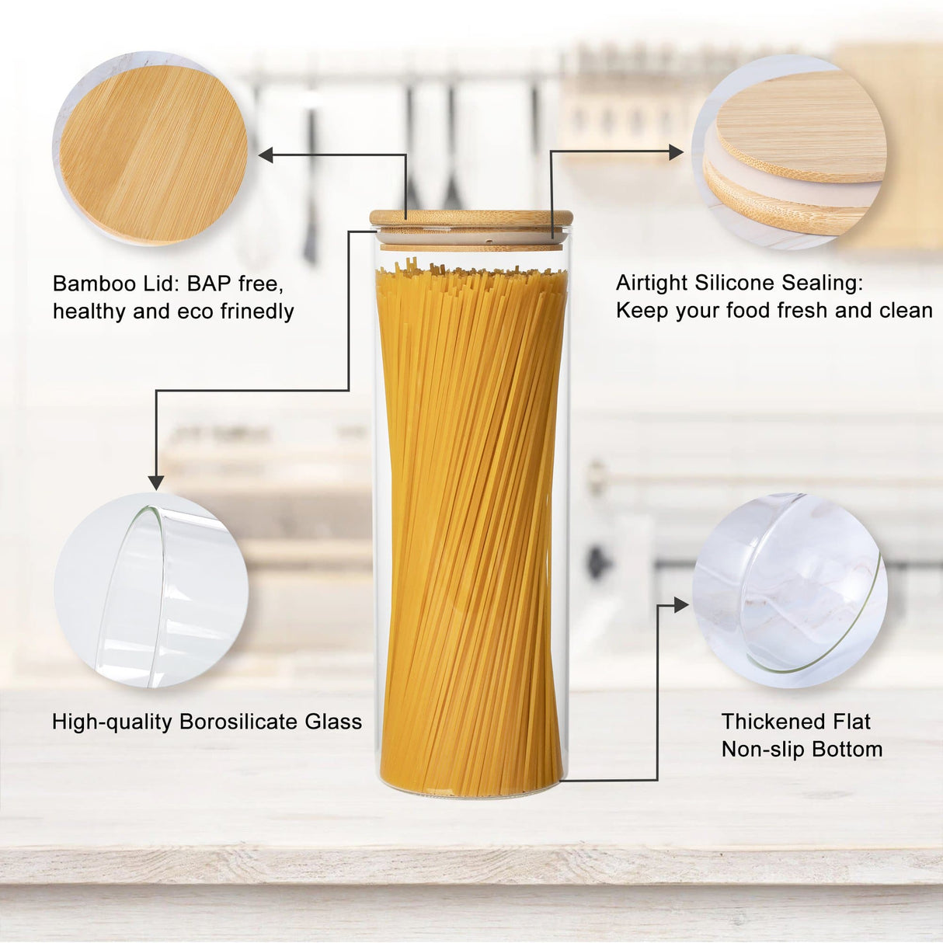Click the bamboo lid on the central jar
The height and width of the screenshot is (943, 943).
(471, 218)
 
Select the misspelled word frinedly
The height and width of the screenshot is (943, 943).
(256, 311)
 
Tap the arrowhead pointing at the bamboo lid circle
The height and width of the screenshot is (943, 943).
(266, 155)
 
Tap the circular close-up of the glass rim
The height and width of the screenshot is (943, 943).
(151, 590)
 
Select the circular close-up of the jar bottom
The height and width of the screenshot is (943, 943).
(789, 590)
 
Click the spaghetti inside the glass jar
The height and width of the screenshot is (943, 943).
(471, 528)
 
